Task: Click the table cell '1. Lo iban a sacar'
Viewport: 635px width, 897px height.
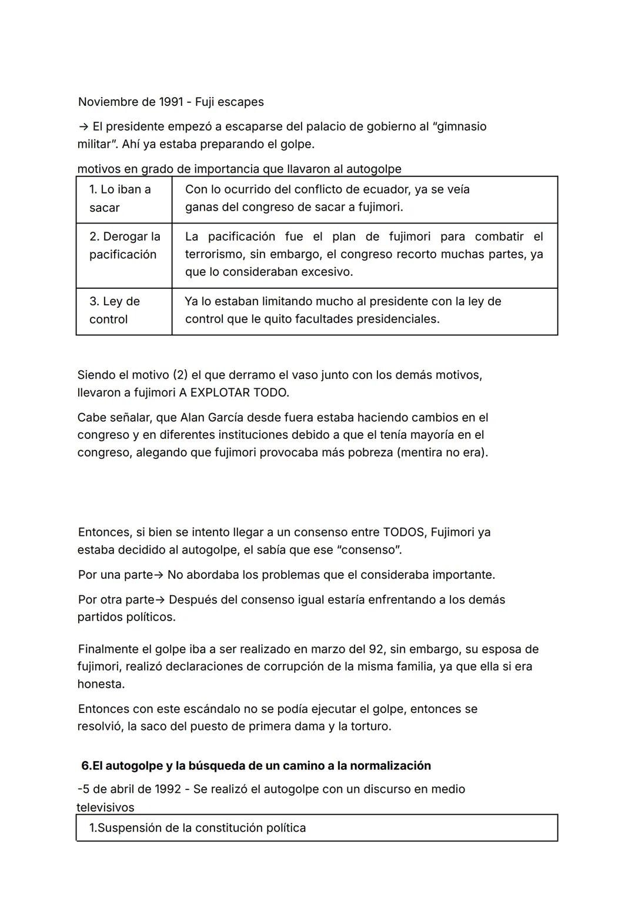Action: click(123, 199)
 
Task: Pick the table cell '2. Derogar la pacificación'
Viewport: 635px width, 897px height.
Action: click(124, 246)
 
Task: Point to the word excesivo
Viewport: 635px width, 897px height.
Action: click(326, 272)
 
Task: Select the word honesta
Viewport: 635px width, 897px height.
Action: click(101, 684)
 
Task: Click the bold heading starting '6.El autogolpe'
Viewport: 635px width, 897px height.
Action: click(256, 766)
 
